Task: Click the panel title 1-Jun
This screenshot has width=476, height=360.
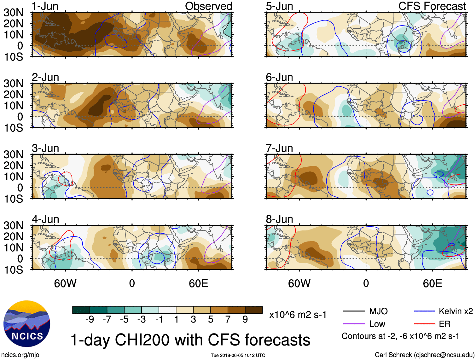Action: coord(45,6)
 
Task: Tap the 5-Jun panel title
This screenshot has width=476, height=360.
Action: coord(279,6)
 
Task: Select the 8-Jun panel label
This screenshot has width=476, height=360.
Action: coord(279,219)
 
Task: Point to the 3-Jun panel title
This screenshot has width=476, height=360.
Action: coord(45,148)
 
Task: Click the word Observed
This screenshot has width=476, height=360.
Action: coord(208,6)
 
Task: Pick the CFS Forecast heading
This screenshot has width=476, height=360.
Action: coord(432,6)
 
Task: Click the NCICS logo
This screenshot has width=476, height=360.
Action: coord(27,324)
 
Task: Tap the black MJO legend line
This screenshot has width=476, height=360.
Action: coord(354,311)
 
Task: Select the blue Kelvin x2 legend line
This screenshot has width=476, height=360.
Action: coord(424,311)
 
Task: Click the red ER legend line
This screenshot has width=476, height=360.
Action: coord(424,324)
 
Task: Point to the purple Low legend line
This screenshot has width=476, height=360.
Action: coord(354,324)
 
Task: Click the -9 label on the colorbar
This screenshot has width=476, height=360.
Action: coord(90,320)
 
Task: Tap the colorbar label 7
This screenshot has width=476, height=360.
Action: coord(228,320)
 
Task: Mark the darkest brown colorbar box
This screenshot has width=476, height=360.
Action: coord(254,310)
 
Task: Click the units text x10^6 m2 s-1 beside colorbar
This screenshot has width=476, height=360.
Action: coord(298,315)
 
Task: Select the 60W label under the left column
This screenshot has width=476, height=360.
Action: coord(65,283)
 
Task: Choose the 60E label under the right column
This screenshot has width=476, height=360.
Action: coord(432,283)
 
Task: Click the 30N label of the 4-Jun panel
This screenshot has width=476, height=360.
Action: coord(13,225)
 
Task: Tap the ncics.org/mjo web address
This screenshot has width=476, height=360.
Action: coord(20,355)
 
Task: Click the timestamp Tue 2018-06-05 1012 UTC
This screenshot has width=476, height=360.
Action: coord(238,355)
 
